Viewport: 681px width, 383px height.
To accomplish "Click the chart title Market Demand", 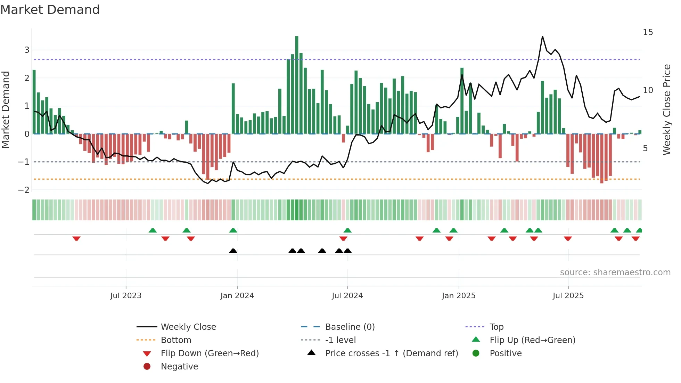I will point(50,10).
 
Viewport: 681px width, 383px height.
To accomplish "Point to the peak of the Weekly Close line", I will point(542,36).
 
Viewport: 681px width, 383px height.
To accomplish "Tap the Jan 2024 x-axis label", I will point(237,296).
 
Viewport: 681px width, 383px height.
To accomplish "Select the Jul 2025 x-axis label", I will point(568,296).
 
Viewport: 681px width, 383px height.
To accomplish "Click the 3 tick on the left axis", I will point(27,50).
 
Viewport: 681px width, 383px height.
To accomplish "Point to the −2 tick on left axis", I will point(24,190).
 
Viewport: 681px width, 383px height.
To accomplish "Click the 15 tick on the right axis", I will point(648,32).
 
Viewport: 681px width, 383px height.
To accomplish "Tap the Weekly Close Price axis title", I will point(666,109).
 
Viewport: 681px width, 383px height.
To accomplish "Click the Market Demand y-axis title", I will point(6,109).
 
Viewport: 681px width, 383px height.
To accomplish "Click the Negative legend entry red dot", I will point(147,367).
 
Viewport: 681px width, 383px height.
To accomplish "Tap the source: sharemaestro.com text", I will point(615,272).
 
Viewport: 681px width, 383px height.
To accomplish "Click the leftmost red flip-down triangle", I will point(76,238).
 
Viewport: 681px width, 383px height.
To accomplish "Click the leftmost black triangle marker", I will point(233,251).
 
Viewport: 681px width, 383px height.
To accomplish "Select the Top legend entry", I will point(496,327).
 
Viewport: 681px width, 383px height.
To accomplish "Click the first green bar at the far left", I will point(34,101).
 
